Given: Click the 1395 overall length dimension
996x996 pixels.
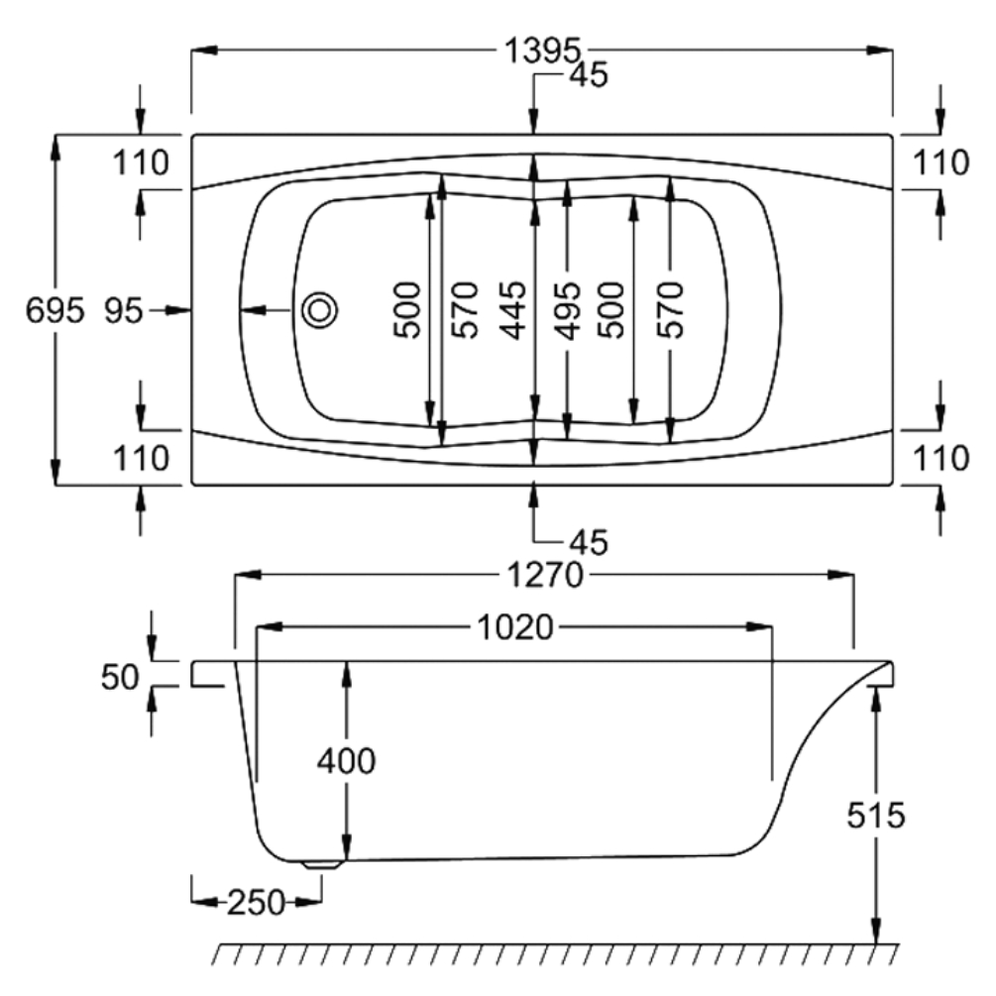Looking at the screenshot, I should [541, 51].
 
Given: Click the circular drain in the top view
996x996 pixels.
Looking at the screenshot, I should [319, 310].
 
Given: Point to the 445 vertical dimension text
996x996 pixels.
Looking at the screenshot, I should [512, 310].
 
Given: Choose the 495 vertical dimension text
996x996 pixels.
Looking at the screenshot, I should [566, 310].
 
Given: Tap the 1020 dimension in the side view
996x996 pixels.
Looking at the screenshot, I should [515, 627].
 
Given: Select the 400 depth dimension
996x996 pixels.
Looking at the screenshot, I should [346, 762].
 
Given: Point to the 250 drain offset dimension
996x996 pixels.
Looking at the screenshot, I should [256, 902].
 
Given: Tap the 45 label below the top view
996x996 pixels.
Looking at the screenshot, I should [587, 541].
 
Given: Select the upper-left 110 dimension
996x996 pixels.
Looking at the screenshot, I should [141, 162].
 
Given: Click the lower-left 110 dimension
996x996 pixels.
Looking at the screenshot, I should [141, 458].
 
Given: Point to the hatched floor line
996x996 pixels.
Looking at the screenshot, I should [555, 953].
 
